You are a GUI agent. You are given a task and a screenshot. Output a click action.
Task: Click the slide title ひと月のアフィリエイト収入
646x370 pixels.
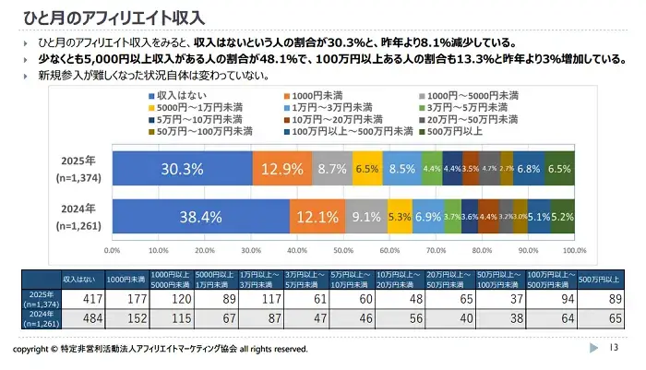pos(109,18)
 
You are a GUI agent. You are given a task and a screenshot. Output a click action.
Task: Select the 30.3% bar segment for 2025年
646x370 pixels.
pos(182,169)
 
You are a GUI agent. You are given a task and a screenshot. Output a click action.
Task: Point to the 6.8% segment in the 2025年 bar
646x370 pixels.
pos(529,169)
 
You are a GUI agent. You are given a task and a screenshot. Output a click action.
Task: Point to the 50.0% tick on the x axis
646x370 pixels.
pos(344,249)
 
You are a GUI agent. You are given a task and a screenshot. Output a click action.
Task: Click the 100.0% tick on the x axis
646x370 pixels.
pos(575,249)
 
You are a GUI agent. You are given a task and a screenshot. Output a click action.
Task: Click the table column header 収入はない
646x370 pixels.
pos(78,278)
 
